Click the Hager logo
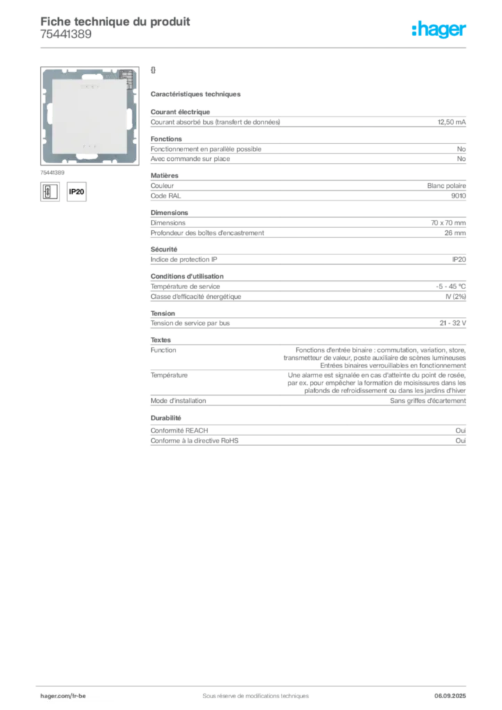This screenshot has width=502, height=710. click(x=438, y=29)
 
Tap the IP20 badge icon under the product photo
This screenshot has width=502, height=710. click(x=76, y=191)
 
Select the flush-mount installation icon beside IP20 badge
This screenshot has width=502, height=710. click(x=50, y=191)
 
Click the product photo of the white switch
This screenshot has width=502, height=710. click(x=89, y=116)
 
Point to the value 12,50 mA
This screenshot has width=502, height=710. click(x=451, y=122)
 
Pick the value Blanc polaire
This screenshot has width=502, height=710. click(x=447, y=186)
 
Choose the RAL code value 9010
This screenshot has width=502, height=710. click(x=458, y=196)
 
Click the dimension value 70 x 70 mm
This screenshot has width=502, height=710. click(x=448, y=223)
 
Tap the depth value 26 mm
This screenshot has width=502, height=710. click(x=455, y=233)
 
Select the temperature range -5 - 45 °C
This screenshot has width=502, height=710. click(x=451, y=286)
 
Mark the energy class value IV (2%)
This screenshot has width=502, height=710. click(x=456, y=297)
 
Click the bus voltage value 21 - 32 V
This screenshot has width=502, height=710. click(x=453, y=323)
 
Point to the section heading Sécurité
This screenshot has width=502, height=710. click(x=164, y=249)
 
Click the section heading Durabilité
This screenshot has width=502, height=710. click(x=166, y=418)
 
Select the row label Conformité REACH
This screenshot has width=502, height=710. click(x=180, y=430)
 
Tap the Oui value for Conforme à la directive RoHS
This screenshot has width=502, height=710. click(x=460, y=440)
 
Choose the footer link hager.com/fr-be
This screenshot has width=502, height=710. click(x=63, y=696)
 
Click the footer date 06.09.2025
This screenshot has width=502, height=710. click(x=450, y=696)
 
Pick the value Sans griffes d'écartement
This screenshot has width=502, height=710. click(x=428, y=401)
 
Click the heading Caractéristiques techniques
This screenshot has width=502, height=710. click(x=196, y=94)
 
